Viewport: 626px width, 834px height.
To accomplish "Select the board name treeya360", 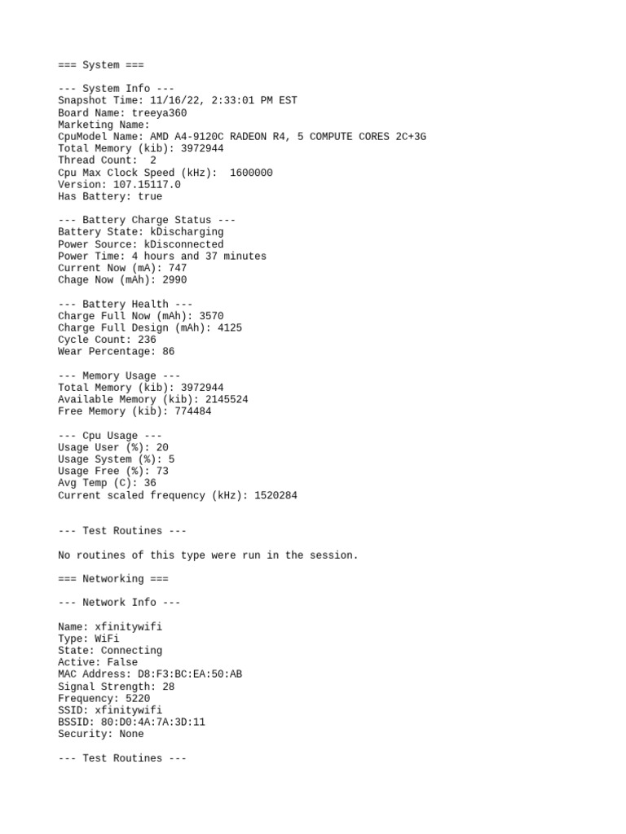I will tap(159, 113).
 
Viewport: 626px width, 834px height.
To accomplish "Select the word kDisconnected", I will tap(183, 244).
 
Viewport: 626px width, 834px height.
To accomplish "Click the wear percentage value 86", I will tap(168, 352).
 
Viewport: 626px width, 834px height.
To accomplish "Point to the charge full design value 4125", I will tap(230, 328).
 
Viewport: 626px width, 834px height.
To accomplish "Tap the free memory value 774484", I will tap(192, 411).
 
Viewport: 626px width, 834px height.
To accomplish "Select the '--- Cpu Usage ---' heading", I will tap(110, 436).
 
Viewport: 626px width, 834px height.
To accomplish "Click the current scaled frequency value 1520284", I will tap(276, 495).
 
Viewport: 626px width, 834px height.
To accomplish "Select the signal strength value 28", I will tap(168, 687).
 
